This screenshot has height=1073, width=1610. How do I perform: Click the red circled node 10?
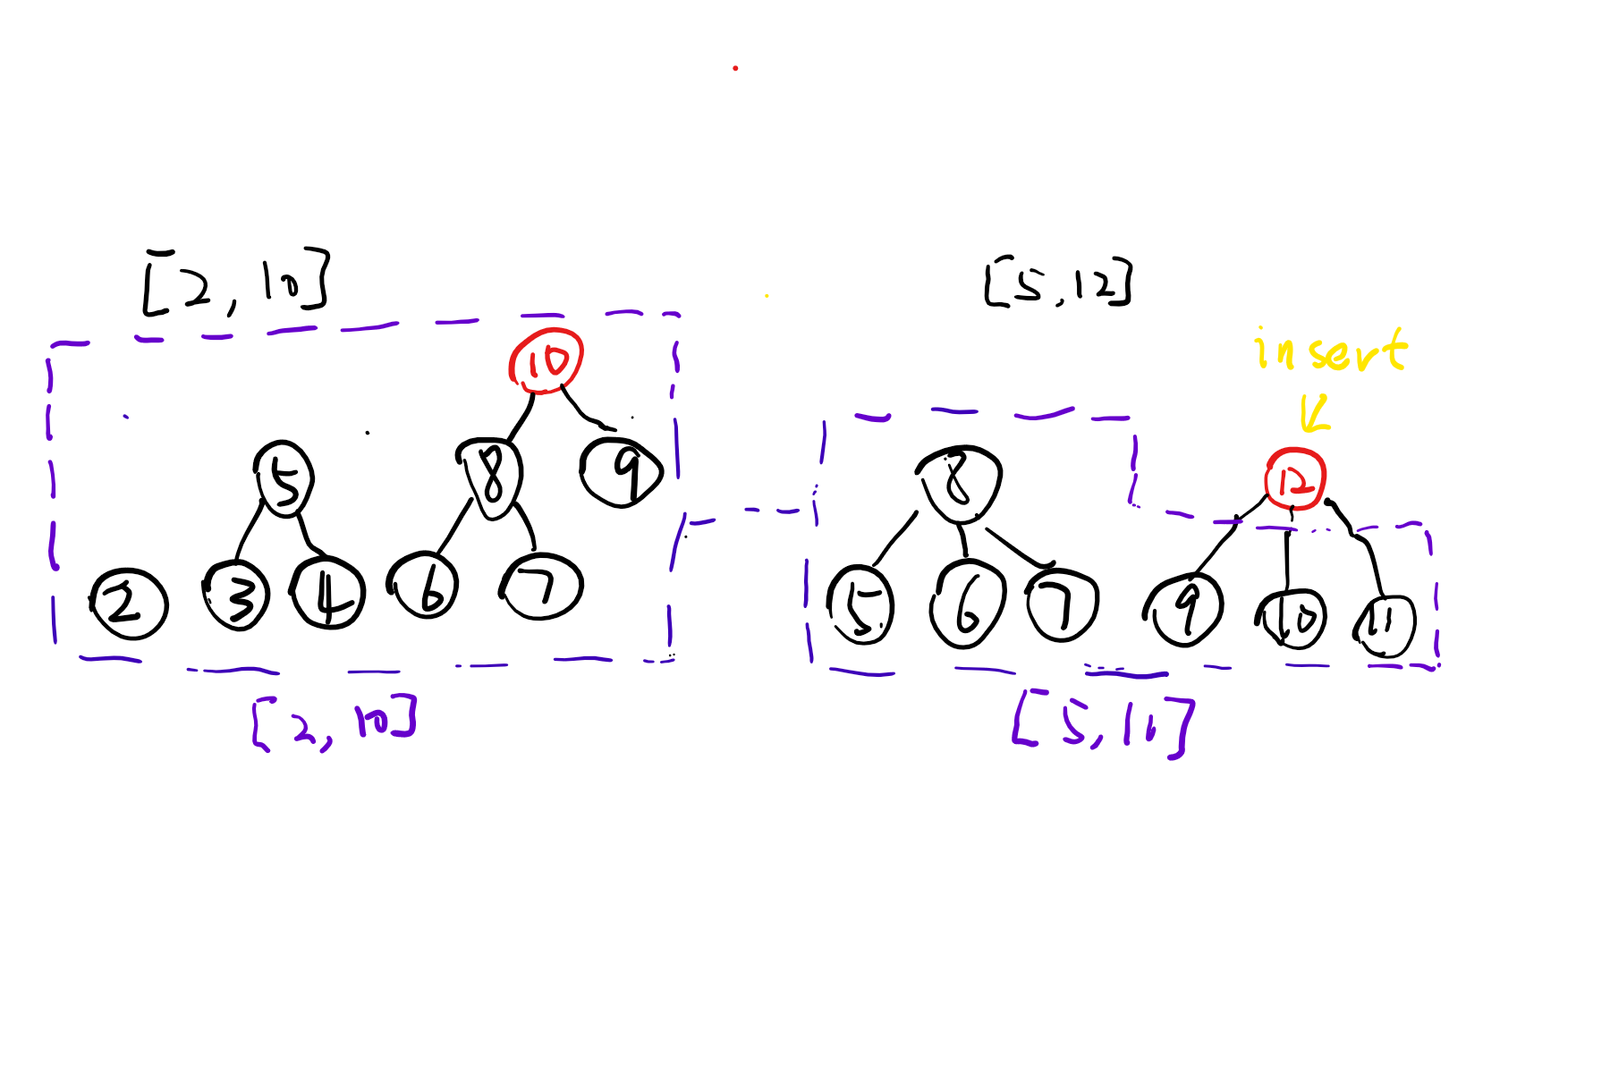point(546,361)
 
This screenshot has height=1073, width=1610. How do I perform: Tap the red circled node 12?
point(1294,480)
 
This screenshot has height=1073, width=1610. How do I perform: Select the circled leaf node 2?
point(129,604)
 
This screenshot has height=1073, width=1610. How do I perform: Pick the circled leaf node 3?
point(236,596)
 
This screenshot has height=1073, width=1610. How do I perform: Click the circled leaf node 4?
point(327,595)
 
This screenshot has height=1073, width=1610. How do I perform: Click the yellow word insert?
point(1331,350)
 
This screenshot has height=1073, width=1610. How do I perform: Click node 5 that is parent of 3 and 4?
point(284,479)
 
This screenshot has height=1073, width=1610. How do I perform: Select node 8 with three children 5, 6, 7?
point(960,484)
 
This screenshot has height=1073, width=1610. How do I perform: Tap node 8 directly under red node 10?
point(491,478)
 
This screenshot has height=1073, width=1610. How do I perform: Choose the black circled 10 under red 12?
point(1291,618)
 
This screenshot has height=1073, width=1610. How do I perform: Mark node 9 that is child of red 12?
point(1185,610)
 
